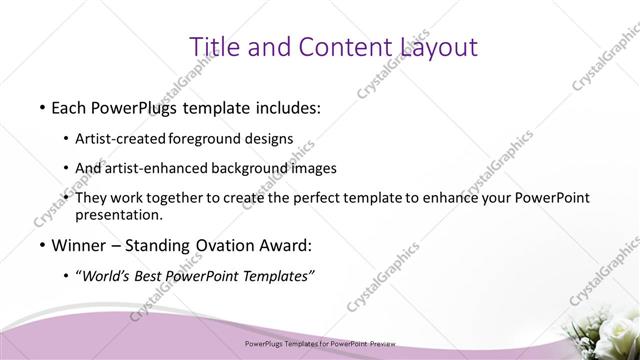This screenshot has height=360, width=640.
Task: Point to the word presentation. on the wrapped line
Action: click(x=125, y=214)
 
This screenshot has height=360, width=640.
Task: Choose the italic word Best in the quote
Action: click(x=154, y=277)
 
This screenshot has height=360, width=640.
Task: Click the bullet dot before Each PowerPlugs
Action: click(x=41, y=106)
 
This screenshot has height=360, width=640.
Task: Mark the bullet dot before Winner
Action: click(x=41, y=245)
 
